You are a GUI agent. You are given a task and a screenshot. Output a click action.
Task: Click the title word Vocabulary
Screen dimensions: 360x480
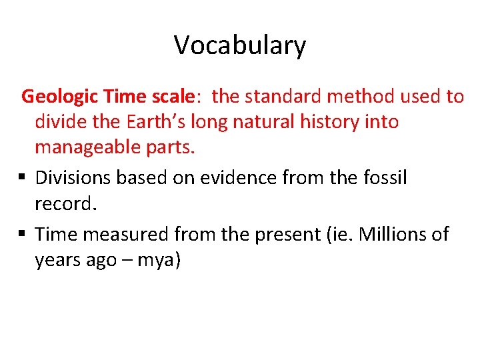[x=240, y=45]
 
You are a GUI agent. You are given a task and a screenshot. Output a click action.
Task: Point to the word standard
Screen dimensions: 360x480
[x=283, y=97]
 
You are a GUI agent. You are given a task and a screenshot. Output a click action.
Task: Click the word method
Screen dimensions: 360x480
[x=363, y=97]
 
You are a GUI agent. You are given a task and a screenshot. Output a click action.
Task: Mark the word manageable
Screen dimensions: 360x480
[x=93, y=147]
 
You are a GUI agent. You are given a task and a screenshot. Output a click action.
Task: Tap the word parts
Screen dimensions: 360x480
[x=175, y=147]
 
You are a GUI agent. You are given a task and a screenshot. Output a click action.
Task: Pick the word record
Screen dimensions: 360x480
[x=65, y=203]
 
